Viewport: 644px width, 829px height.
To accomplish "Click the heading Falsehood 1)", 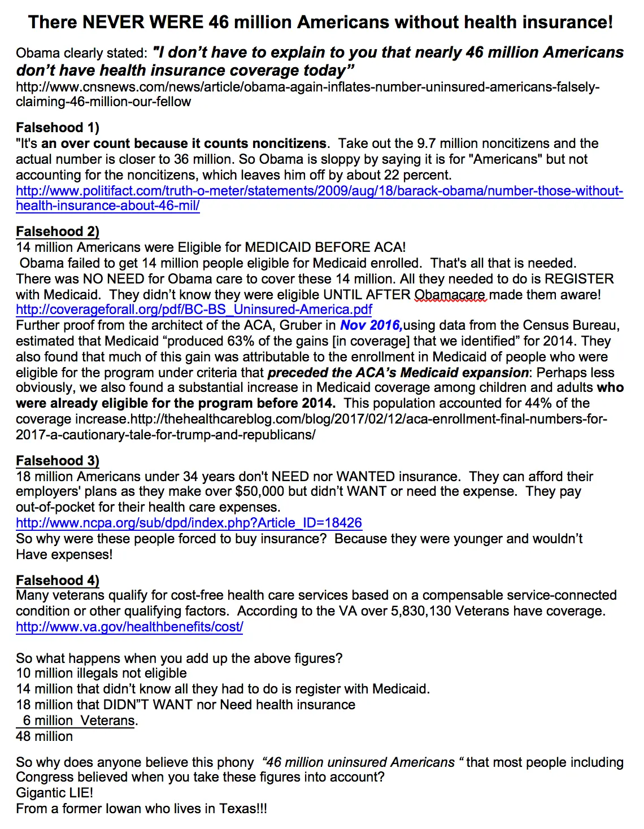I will [x=58, y=128].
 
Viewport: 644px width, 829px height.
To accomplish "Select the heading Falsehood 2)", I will [x=58, y=232].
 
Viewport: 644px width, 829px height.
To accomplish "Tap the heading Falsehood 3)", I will [x=58, y=461].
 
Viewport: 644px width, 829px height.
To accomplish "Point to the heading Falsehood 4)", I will [x=58, y=581].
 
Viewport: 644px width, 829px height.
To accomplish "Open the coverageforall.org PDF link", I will [x=194, y=309].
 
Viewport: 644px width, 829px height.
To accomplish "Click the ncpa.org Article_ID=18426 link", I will [x=189, y=523].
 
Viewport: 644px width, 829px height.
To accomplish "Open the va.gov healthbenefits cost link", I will [x=129, y=627].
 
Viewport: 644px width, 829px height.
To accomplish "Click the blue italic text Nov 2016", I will [x=371, y=325].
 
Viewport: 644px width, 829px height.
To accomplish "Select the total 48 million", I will [x=45, y=736].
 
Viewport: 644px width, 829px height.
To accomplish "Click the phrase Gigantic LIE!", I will [x=55, y=793].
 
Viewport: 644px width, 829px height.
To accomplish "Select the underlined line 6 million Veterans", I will [x=79, y=721].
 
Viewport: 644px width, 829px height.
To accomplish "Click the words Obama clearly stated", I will [x=81, y=53].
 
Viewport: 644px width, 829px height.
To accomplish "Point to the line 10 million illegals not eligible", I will [x=102, y=673].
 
